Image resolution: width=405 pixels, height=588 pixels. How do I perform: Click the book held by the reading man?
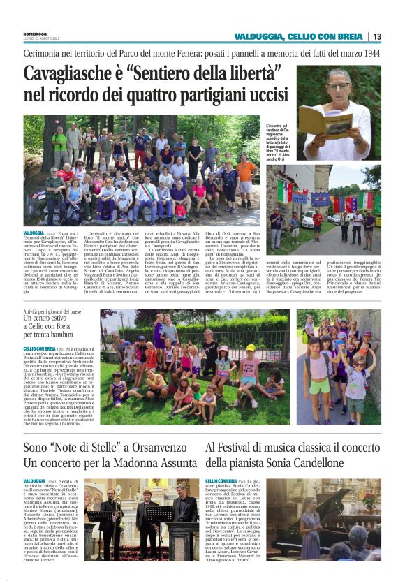pos(323,120)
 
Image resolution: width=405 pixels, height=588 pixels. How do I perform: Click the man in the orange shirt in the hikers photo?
pos(246,170)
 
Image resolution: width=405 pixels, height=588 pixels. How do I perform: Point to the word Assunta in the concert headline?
pos(171,462)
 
